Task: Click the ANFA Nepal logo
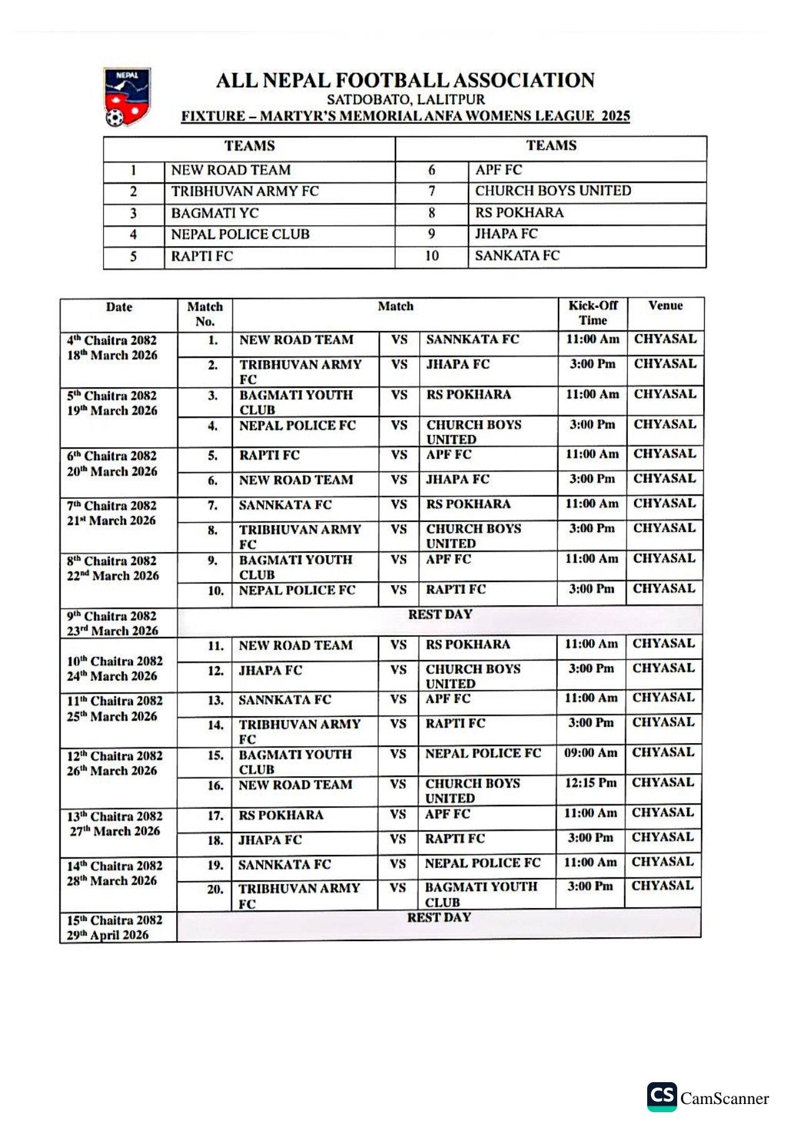click(x=127, y=97)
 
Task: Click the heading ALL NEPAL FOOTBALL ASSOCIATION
click(x=405, y=81)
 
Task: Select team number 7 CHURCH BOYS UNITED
click(x=553, y=191)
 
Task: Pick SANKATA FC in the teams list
click(x=517, y=255)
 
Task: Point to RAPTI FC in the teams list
click(x=202, y=256)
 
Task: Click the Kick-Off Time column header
click(x=592, y=313)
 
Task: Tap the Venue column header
click(x=665, y=306)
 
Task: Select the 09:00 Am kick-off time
click(x=590, y=753)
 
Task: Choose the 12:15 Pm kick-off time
click(x=590, y=783)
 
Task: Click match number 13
click(x=216, y=701)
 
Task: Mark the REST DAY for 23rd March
click(x=440, y=614)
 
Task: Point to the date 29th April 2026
click(x=107, y=935)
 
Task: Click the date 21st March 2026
click(x=111, y=521)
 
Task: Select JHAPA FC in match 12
click(x=270, y=671)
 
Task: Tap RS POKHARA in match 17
click(x=280, y=816)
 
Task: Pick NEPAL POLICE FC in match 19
click(x=482, y=864)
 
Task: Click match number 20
click(x=215, y=889)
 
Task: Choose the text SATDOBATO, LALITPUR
click(x=405, y=99)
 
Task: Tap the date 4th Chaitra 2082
click(x=112, y=340)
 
